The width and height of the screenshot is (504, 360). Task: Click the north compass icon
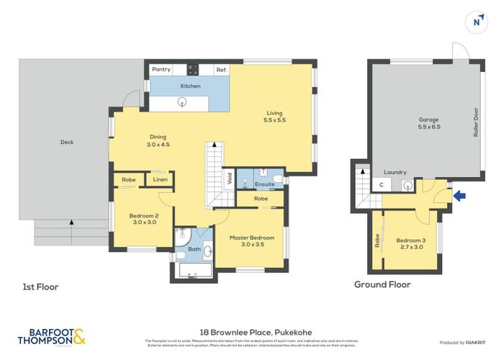[x=475, y=22]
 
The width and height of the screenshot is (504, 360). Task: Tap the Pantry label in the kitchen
[x=161, y=70]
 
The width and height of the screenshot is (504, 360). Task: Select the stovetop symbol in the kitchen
[x=194, y=70]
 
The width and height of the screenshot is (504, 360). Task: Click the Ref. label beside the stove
[x=222, y=70]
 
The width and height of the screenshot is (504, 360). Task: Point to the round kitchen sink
[x=183, y=102]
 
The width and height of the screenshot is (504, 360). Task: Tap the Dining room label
[x=159, y=140]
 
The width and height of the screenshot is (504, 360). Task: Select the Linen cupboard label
[x=160, y=179]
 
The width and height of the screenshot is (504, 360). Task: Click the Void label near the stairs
[x=228, y=178]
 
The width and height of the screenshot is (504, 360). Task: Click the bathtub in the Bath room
[x=193, y=272]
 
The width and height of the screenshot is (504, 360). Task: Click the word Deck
[x=67, y=142]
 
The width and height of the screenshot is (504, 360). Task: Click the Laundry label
[x=396, y=173]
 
